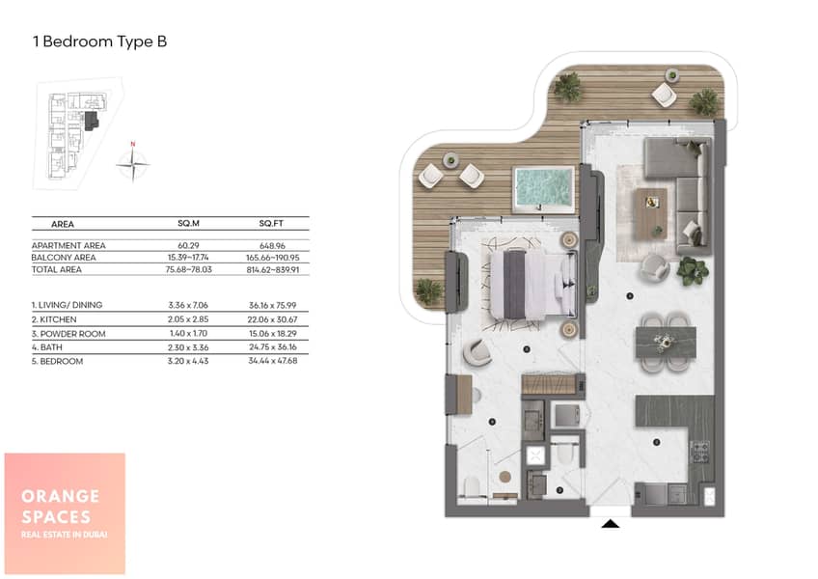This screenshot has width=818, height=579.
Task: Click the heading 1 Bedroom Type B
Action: (x=99, y=41)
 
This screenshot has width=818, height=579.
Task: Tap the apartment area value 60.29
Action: (x=188, y=245)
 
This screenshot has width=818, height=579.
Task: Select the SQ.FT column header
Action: (x=271, y=224)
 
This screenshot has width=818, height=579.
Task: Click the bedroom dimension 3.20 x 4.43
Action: (x=188, y=361)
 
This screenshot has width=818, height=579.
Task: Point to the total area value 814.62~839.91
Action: (x=273, y=270)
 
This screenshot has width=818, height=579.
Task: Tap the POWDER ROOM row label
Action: (x=68, y=334)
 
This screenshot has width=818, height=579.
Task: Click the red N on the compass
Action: (x=133, y=144)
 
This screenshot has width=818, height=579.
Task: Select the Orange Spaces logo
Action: (x=65, y=513)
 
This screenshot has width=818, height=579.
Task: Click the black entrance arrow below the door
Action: (x=611, y=524)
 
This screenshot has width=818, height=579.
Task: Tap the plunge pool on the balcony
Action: (x=545, y=189)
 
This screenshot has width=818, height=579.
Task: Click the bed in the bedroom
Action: (x=533, y=285)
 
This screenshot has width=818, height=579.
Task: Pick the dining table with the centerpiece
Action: (x=666, y=343)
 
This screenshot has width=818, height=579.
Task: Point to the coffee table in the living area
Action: (x=650, y=214)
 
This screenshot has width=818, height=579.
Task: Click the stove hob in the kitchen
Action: (x=699, y=453)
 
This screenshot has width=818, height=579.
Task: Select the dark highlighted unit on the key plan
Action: (x=92, y=121)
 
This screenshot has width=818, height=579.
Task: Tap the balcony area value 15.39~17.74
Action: (x=188, y=258)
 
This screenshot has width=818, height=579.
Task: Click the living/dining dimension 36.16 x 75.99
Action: (x=272, y=306)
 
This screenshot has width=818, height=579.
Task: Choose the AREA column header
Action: (x=63, y=224)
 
